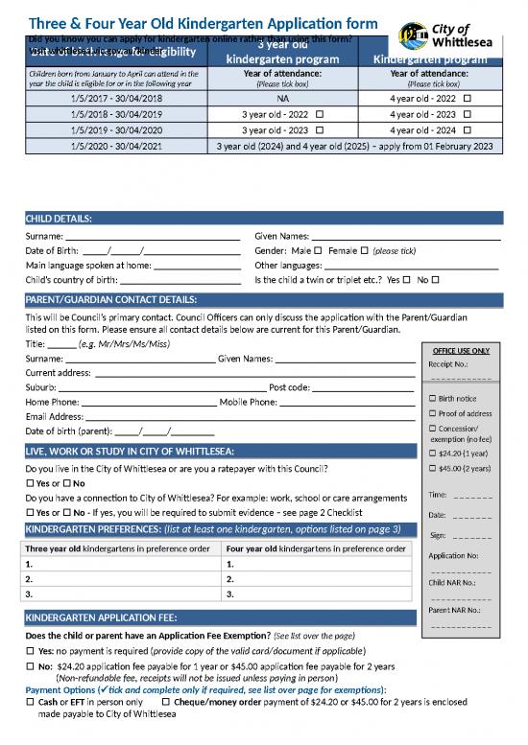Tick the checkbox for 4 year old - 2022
click(x=467, y=99)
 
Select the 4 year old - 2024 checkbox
click(x=467, y=130)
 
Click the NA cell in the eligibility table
click(x=282, y=99)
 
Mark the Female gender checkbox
click(x=365, y=251)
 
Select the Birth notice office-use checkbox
click(x=432, y=398)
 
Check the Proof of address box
click(x=432, y=412)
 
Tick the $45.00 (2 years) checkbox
click(x=432, y=468)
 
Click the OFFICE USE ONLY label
click(x=461, y=351)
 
